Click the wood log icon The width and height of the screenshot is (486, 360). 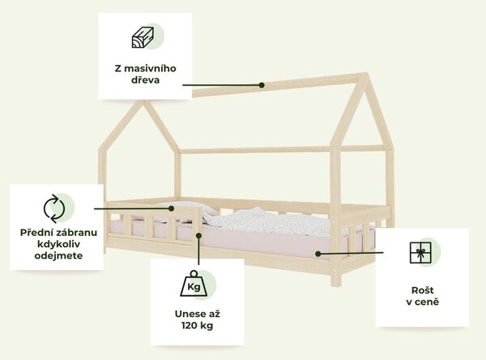tap(143, 37)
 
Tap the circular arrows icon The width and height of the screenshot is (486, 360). tap(54, 208)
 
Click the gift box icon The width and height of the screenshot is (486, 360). tap(420, 253)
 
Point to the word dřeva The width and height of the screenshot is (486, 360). tap(145, 79)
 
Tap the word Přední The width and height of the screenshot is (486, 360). tap(33, 233)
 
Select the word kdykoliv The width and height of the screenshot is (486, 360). tap(58, 244)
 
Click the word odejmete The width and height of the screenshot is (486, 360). tap(58, 255)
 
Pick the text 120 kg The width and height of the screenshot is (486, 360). tap(197, 326)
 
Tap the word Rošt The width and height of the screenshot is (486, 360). tap(423, 290)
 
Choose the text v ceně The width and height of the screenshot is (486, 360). tap(423, 302)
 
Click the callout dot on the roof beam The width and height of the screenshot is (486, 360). tap(262, 85)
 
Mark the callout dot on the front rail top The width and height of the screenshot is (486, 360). tap(171, 208)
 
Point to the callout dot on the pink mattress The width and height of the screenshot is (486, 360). tap(318, 254)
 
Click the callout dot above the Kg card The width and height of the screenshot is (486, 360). tap(198, 236)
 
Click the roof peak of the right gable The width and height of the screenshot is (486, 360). tap(366, 74)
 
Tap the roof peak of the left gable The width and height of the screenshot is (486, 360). tap(143, 101)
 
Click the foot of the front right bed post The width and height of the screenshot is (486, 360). tap(335, 284)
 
